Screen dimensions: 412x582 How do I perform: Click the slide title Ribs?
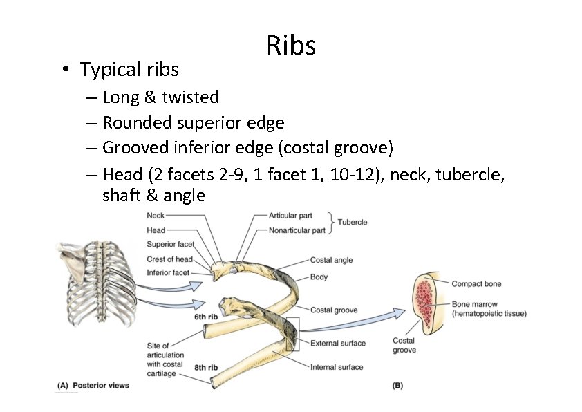(291, 46)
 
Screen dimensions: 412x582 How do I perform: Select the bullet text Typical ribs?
(129, 70)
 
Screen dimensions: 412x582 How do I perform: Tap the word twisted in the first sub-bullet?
(190, 97)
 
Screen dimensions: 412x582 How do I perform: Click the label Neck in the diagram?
(156, 216)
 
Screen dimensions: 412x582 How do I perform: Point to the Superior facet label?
(171, 244)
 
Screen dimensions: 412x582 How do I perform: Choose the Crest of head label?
(169, 259)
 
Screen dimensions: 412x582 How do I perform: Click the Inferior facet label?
(168, 273)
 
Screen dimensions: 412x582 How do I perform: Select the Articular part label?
(290, 216)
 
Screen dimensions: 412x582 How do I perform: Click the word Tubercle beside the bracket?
(353, 223)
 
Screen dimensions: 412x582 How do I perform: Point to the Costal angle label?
(331, 260)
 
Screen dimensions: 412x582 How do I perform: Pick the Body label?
(319, 277)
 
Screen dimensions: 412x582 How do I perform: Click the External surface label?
(338, 344)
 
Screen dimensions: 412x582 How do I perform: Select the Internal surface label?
(337, 367)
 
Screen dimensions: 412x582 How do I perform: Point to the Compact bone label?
(476, 284)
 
